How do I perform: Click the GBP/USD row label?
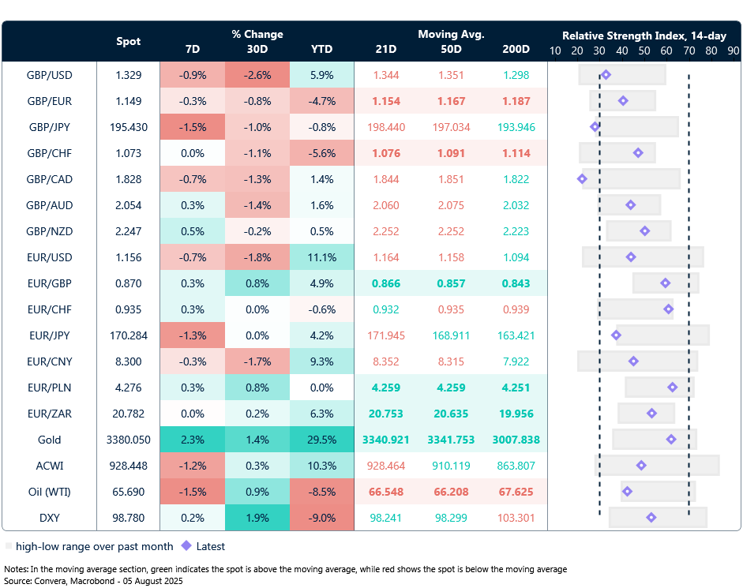[x=49, y=75]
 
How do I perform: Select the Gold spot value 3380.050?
[x=128, y=440]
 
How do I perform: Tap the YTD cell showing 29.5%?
[x=321, y=440]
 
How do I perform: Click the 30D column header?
[x=257, y=49]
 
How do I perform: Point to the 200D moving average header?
[x=516, y=49]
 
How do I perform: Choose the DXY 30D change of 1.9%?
[x=257, y=518]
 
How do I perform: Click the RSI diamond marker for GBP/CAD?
[x=582, y=179]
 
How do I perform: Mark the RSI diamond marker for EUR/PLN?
[x=672, y=388]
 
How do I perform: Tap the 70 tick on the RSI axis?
[x=689, y=50]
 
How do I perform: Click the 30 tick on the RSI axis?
[x=599, y=50]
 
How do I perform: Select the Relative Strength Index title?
[x=644, y=36]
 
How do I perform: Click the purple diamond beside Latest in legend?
[x=186, y=545]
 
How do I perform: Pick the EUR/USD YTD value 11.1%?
[x=321, y=257]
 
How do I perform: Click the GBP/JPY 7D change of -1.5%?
[x=192, y=127]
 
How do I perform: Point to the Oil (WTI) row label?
[x=49, y=492]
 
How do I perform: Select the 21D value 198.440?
[x=386, y=127]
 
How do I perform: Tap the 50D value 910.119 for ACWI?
[x=451, y=466]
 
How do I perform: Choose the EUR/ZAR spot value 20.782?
[x=128, y=414]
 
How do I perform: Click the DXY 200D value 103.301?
[x=516, y=518]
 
